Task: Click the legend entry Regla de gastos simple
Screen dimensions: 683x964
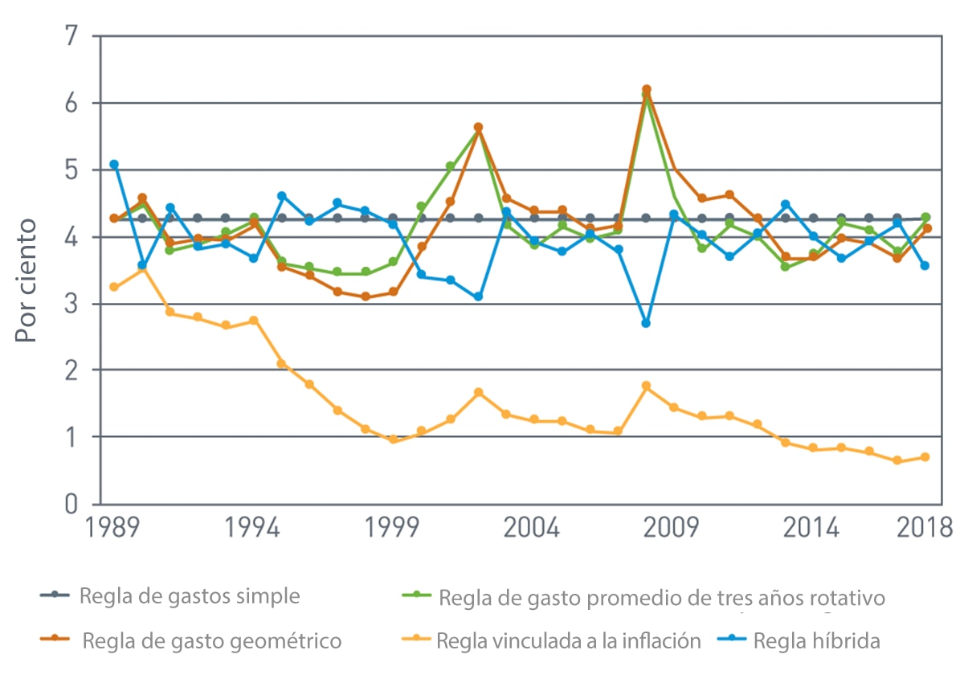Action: (x=189, y=596)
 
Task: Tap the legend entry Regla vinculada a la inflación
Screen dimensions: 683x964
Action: (x=569, y=641)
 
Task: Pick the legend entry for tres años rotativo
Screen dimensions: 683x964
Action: (x=662, y=599)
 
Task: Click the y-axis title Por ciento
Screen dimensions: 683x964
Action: (x=27, y=280)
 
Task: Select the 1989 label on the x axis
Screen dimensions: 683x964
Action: (x=114, y=529)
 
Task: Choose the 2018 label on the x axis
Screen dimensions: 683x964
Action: (x=925, y=529)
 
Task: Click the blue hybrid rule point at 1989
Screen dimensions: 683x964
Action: (x=114, y=164)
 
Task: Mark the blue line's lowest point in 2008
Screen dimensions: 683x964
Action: (x=646, y=323)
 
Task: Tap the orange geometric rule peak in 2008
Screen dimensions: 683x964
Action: (x=646, y=89)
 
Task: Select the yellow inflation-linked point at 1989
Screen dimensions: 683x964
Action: (x=114, y=287)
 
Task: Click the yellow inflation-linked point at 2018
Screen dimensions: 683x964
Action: (x=925, y=457)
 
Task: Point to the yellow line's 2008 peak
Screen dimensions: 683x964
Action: (x=646, y=386)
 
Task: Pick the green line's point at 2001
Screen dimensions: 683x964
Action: (x=450, y=166)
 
